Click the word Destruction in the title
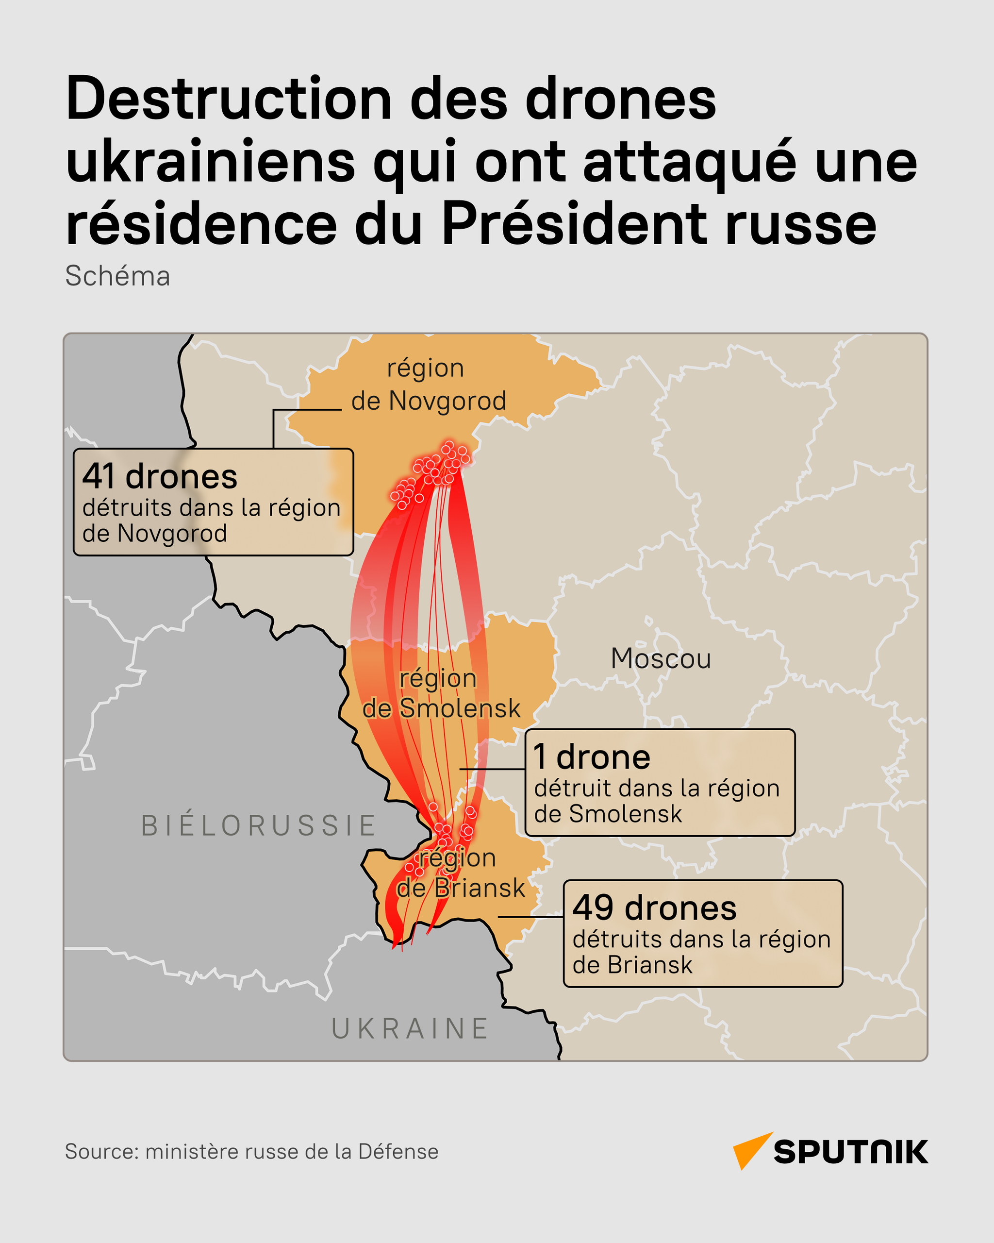pyautogui.click(x=228, y=99)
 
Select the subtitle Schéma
pyautogui.click(x=117, y=276)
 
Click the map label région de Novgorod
pyautogui.click(x=428, y=385)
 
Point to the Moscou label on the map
pyautogui.click(x=661, y=658)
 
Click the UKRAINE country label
pyautogui.click(x=410, y=1029)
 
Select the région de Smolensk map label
pyautogui.click(x=441, y=693)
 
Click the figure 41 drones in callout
pyautogui.click(x=160, y=477)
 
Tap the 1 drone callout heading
pyautogui.click(x=592, y=757)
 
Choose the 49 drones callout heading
pyautogui.click(x=654, y=908)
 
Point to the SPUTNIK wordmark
pyautogui.click(x=850, y=1152)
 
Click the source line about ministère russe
pyautogui.click(x=251, y=1151)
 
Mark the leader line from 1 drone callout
pyautogui.click(x=492, y=769)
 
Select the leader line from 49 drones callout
pyautogui.click(x=530, y=917)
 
